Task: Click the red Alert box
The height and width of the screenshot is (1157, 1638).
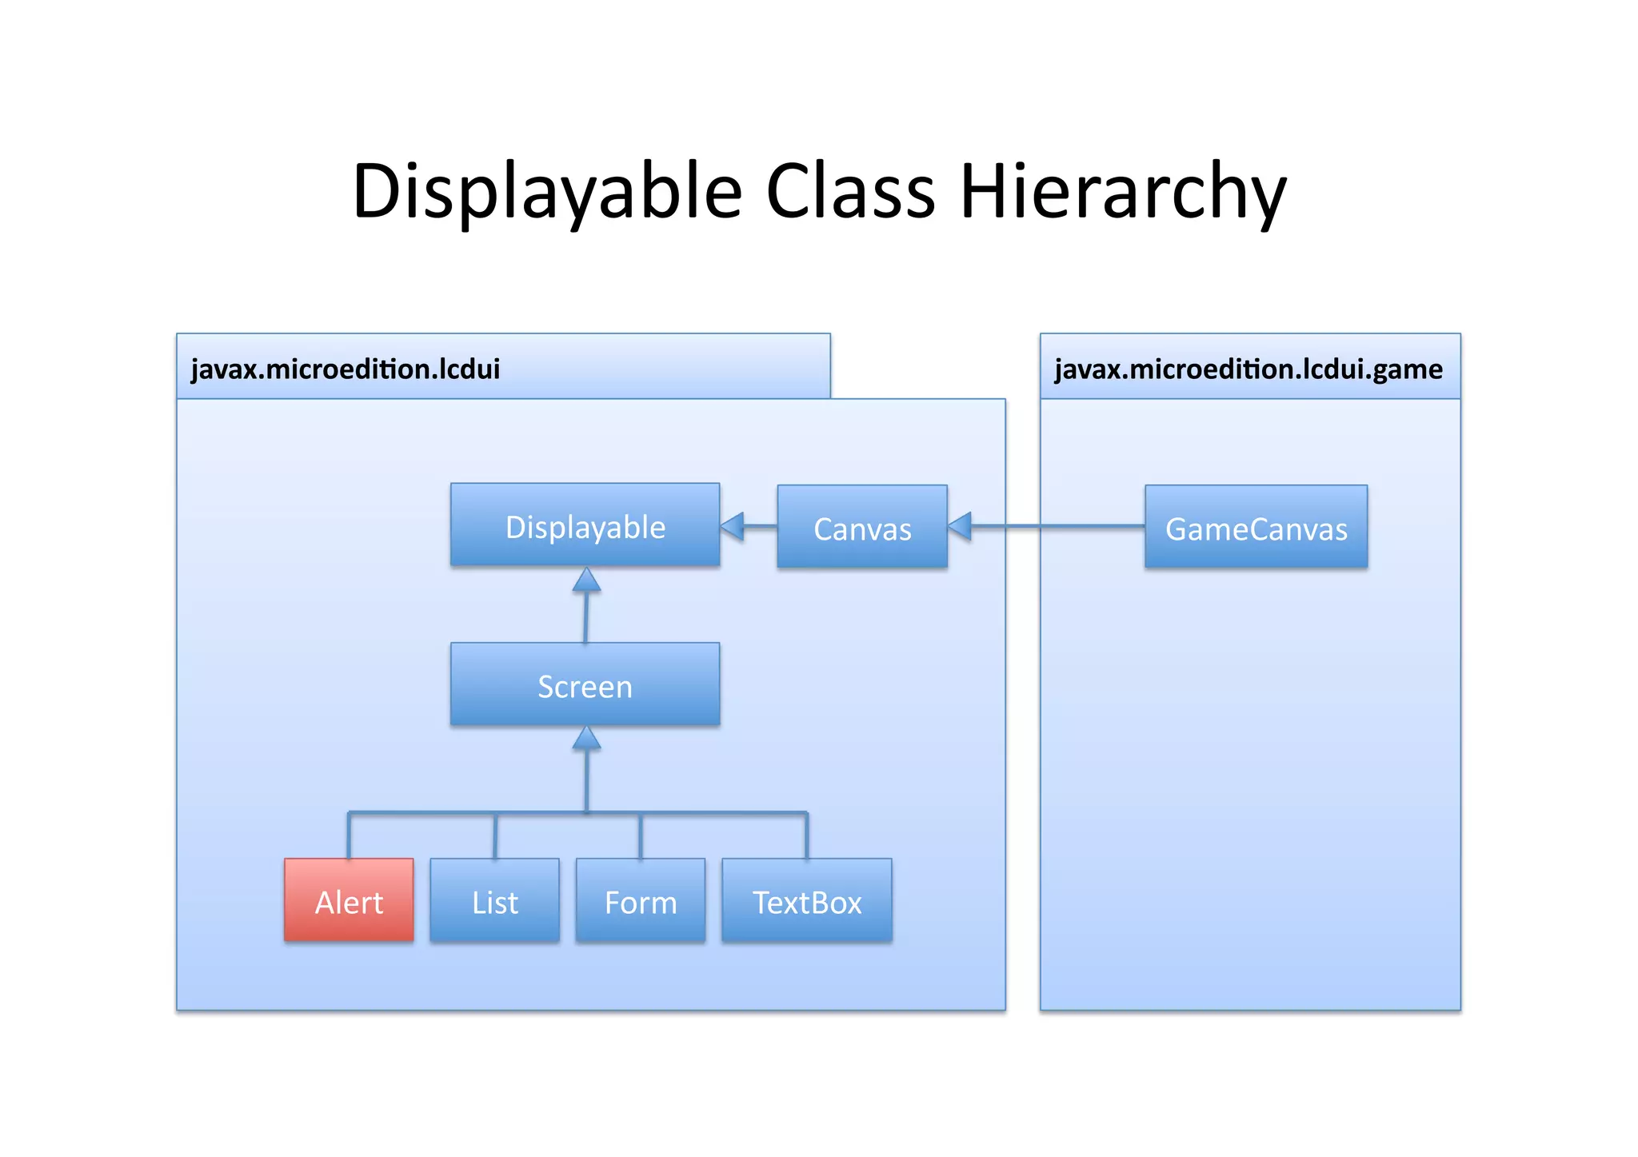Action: [349, 900]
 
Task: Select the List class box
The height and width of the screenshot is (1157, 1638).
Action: [494, 900]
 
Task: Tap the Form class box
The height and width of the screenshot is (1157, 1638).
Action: [640, 900]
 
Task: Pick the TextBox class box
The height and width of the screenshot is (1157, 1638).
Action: [806, 900]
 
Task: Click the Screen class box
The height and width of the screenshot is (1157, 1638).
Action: [585, 684]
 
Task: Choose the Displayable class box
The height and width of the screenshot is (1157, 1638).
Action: [585, 525]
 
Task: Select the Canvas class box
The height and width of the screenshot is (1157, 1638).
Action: [862, 527]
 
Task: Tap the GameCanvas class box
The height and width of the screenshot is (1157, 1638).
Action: [1256, 527]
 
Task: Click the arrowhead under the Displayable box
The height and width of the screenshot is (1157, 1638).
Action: [586, 580]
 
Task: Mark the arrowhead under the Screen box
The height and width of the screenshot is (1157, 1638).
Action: [586, 739]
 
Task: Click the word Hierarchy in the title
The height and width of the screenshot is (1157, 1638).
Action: [1122, 192]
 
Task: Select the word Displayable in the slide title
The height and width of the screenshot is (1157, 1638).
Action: [547, 192]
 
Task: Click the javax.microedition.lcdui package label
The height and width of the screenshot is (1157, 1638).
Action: [346, 369]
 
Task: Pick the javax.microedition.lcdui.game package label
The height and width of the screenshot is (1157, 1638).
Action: [1248, 369]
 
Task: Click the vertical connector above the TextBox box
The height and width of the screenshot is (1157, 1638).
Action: [806, 836]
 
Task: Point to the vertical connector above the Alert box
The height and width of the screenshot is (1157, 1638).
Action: [349, 836]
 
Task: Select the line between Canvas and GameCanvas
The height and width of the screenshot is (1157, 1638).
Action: [1056, 526]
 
